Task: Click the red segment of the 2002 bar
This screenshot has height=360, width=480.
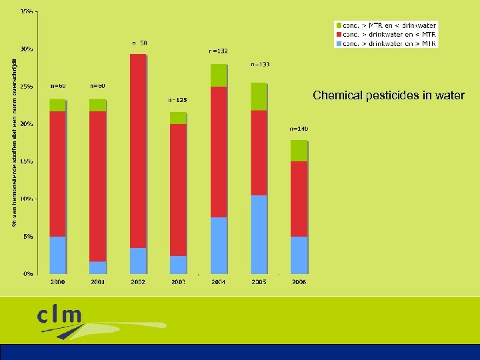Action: coord(138,151)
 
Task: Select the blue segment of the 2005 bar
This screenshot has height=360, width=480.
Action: coord(259,234)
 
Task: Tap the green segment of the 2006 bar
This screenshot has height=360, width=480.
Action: coord(299,151)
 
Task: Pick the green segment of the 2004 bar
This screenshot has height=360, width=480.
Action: coord(219,75)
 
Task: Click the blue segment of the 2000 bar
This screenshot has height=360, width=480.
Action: coord(58,255)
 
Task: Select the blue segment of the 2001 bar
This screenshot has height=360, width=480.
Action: coord(98,267)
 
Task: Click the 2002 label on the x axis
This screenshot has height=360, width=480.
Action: coord(138,283)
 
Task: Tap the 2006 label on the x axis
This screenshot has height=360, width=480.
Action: coord(299,283)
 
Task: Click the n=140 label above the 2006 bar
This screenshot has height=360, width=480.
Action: coord(299,128)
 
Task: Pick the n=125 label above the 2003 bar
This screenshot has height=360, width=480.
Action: coord(177,101)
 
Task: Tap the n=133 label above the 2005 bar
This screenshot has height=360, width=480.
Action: coord(260,65)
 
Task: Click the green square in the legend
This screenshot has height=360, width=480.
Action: coord(338,25)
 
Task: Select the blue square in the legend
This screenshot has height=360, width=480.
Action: coord(338,43)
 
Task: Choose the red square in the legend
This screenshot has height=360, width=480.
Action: coord(338,34)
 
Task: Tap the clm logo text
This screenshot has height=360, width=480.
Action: coord(60,315)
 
